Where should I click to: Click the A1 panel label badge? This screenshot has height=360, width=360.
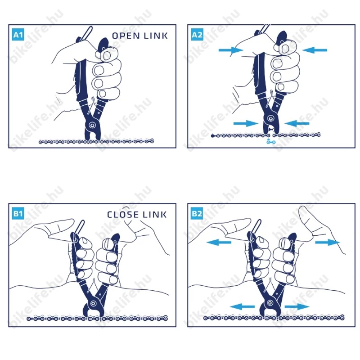(x=18, y=35)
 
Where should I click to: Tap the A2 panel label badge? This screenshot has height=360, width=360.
(x=197, y=35)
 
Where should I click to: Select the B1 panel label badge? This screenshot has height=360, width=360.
(x=18, y=213)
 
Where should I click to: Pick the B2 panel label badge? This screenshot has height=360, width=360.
(x=197, y=213)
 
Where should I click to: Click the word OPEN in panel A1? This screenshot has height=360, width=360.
(x=126, y=36)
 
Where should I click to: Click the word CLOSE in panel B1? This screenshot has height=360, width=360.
(x=122, y=215)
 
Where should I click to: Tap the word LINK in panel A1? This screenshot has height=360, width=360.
(x=156, y=36)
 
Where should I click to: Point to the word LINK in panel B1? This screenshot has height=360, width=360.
(x=154, y=215)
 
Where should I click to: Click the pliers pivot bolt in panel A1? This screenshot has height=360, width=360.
(x=92, y=126)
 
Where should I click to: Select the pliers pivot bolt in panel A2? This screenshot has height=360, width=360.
(x=271, y=118)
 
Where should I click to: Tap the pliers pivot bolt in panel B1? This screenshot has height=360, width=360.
(x=93, y=303)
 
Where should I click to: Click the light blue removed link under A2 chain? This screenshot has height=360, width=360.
(x=271, y=142)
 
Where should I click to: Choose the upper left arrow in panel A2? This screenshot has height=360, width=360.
(x=231, y=50)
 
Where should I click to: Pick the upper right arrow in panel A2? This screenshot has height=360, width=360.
(x=315, y=50)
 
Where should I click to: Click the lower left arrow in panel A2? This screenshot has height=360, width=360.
(x=246, y=123)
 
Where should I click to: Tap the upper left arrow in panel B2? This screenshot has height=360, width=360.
(x=219, y=243)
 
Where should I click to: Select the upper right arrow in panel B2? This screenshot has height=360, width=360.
(x=328, y=243)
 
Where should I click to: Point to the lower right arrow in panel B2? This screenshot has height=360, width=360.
(x=297, y=306)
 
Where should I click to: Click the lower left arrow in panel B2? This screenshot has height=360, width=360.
(x=242, y=306)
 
